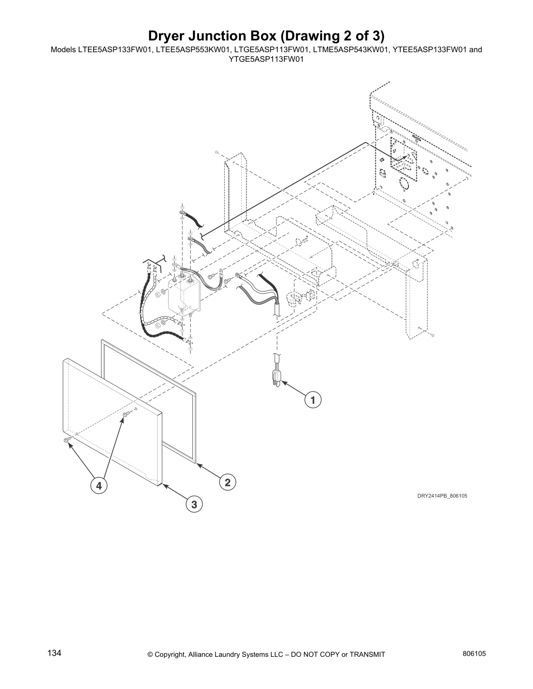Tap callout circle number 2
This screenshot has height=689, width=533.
point(227,482)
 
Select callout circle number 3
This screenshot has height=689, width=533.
point(194,505)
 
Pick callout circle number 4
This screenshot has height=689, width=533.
point(99,485)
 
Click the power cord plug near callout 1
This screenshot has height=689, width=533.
point(276,378)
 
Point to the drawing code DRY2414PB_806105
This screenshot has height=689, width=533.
point(442,495)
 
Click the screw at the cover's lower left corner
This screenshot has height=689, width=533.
point(66,441)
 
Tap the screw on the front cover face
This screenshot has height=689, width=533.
point(125,415)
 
